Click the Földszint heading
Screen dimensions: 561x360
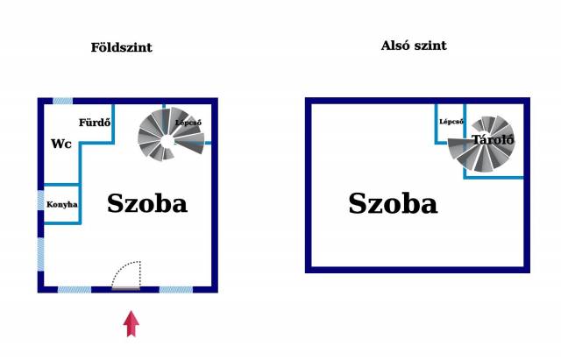click(x=121, y=47)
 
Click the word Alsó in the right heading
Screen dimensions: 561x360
click(x=395, y=46)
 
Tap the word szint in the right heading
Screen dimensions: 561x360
click(x=430, y=46)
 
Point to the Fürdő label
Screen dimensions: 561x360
click(x=95, y=123)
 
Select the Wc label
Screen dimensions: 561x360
click(x=61, y=144)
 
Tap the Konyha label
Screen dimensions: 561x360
click(x=62, y=204)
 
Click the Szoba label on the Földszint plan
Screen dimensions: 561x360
click(x=147, y=203)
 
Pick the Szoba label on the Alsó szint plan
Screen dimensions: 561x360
click(x=393, y=203)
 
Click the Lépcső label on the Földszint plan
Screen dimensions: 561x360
click(x=188, y=123)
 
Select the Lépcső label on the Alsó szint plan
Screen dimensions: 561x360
click(x=451, y=122)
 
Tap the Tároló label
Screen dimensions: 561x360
click(x=493, y=139)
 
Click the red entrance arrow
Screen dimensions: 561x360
click(x=131, y=323)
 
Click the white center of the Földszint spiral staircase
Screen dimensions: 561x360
click(x=167, y=141)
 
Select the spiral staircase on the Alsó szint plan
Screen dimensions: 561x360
click(x=481, y=144)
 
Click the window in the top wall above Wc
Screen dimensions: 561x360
click(x=62, y=102)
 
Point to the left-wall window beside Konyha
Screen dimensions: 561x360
click(x=41, y=201)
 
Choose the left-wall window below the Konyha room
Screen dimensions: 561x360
click(x=41, y=255)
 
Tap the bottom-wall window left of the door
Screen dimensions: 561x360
click(x=75, y=290)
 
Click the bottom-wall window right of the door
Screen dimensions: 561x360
click(x=176, y=290)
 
